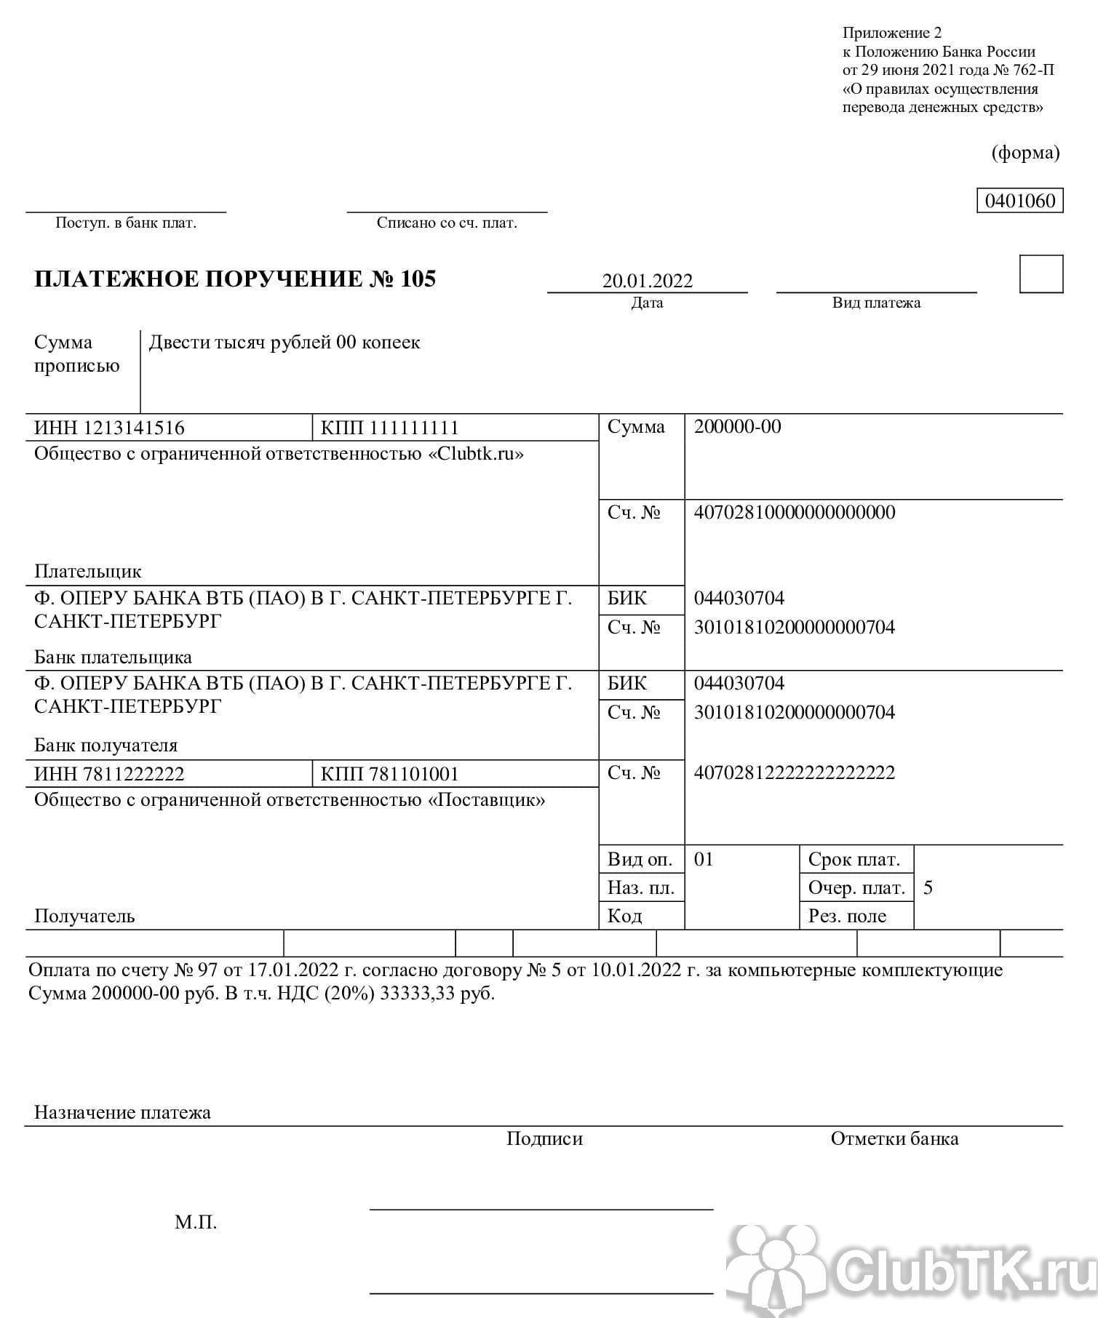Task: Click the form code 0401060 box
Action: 1019,201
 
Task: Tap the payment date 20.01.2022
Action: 647,281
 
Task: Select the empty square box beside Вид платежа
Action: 1041,274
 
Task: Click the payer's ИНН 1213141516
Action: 109,428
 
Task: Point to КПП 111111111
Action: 389,428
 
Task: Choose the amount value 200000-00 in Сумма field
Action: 737,426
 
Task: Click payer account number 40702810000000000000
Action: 795,513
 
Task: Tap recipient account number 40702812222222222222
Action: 795,772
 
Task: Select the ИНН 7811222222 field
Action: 109,774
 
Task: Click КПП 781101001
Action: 389,774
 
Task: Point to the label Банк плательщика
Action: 113,658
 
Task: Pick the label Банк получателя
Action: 106,746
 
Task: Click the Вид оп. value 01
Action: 704,860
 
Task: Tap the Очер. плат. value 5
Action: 928,888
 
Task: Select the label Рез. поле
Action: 847,916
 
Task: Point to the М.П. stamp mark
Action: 196,1222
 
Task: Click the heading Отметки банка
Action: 894,1139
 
